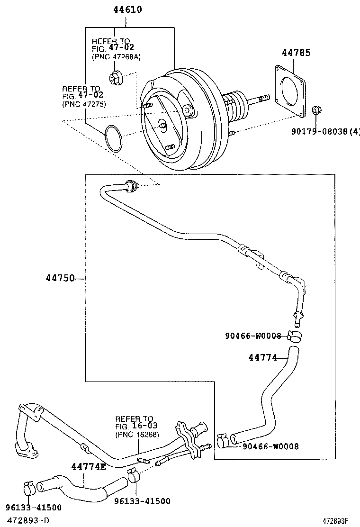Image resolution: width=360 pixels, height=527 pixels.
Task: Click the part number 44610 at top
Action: click(x=127, y=9)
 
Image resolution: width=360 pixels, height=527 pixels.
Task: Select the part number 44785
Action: click(x=297, y=52)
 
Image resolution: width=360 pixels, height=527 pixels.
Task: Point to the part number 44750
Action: click(x=60, y=278)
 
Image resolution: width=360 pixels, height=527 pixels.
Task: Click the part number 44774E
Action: click(x=89, y=467)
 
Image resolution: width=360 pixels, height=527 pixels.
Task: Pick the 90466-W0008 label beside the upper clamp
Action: click(x=253, y=336)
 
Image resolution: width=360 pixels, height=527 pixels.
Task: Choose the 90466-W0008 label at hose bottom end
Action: click(x=270, y=446)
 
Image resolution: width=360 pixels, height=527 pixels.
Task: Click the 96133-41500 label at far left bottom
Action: click(x=34, y=508)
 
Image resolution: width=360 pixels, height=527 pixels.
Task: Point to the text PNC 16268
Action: click(x=137, y=435)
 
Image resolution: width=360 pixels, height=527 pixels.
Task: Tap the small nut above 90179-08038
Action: click(x=316, y=112)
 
